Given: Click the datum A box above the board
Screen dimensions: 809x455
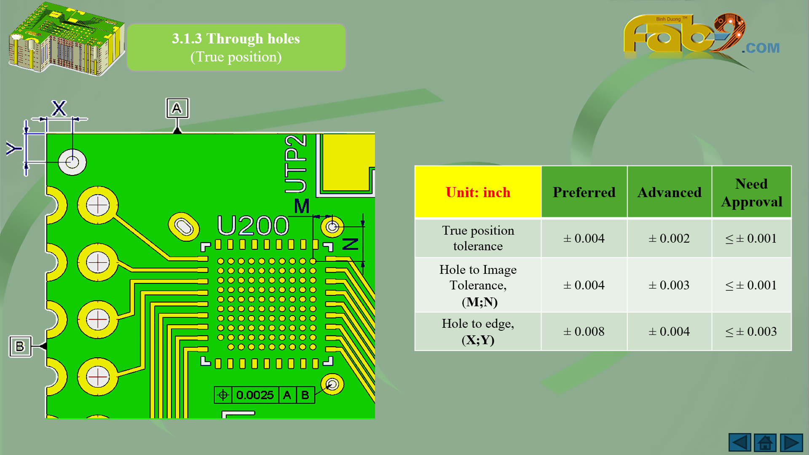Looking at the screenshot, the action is point(177,108).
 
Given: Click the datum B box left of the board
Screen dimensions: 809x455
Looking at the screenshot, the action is point(20,346).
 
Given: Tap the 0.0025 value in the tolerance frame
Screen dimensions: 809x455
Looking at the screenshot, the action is point(255,395).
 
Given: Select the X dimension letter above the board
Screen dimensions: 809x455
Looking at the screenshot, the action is point(59,108).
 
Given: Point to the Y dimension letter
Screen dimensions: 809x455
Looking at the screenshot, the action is point(14,148).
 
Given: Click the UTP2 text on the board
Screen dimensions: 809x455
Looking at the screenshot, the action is point(295,164).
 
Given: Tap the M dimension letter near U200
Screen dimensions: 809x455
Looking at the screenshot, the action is point(302,206).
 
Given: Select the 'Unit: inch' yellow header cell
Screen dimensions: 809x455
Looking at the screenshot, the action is point(478,192).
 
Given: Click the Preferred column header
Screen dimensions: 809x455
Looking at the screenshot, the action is point(584,192).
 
